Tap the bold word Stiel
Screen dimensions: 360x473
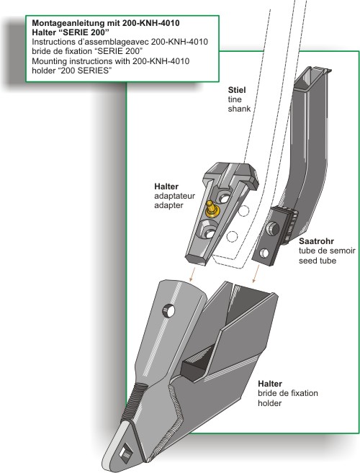237,90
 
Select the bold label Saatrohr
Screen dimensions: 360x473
316,241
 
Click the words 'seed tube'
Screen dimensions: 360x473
318,261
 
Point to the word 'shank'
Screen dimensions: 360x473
239,109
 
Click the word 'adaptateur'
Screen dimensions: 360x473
174,196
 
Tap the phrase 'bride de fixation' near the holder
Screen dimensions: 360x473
287,393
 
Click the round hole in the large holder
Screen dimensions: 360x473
168,311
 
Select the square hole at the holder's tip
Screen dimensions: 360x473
125,452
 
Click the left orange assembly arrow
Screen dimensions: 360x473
191,274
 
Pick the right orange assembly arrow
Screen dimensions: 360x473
256,274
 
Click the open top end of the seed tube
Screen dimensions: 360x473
312,74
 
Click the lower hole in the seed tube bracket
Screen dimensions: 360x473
264,253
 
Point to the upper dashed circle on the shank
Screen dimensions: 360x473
243,210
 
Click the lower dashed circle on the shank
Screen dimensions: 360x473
232,236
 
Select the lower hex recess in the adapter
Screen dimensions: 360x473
208,232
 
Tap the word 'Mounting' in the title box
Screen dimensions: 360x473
49,61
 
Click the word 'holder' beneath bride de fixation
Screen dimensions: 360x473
269,403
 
